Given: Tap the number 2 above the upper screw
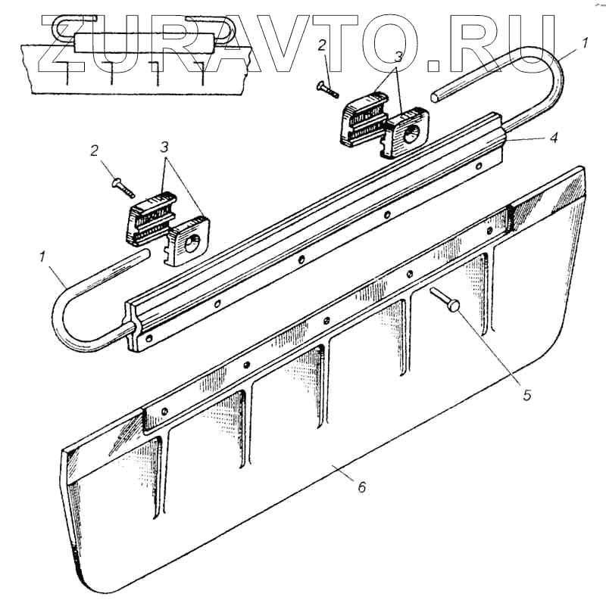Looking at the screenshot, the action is (323, 45).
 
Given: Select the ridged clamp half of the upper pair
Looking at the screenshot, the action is (363, 116).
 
